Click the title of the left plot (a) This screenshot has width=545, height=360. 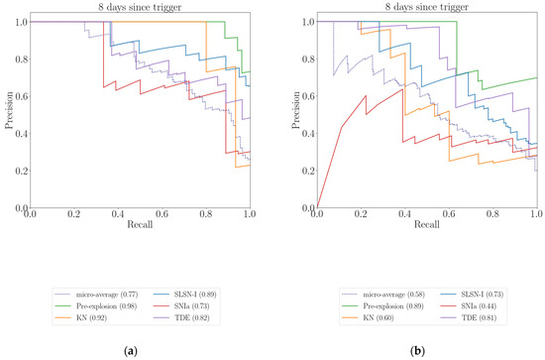coord(140,8)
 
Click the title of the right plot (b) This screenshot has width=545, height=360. coord(427,8)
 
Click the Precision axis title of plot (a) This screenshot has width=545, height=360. coord(8,114)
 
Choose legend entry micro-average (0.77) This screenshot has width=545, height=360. coord(95,295)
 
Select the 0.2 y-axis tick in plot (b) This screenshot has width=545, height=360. coord(306,171)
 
